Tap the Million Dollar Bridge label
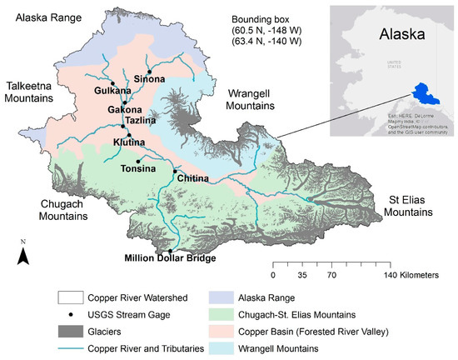click(171, 258)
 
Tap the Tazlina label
click(137, 121)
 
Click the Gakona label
click(124, 109)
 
